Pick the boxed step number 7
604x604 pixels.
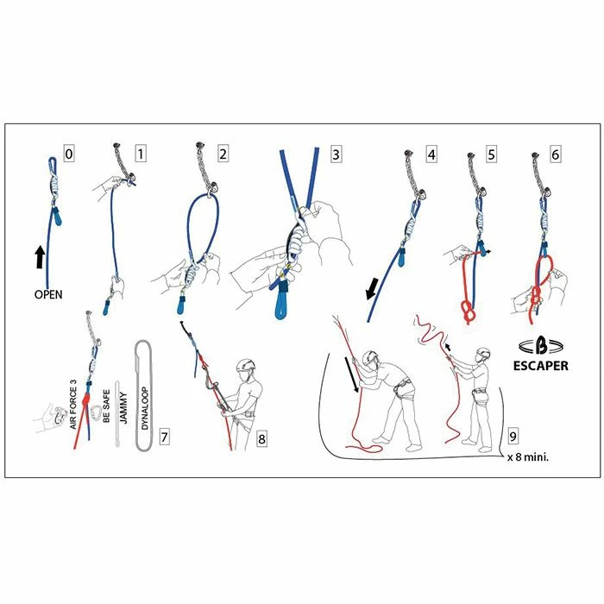pyautogui.click(x=164, y=436)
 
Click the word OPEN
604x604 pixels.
pyautogui.click(x=49, y=293)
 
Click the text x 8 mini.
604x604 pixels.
pyautogui.click(x=529, y=458)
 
